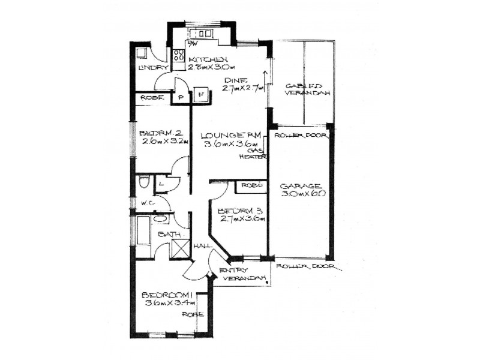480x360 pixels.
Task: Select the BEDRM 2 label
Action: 160,133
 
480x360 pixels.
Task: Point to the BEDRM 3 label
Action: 238,211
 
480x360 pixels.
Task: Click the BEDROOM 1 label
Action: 166,295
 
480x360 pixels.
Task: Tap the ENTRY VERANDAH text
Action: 242,274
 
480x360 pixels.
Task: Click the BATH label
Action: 166,235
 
